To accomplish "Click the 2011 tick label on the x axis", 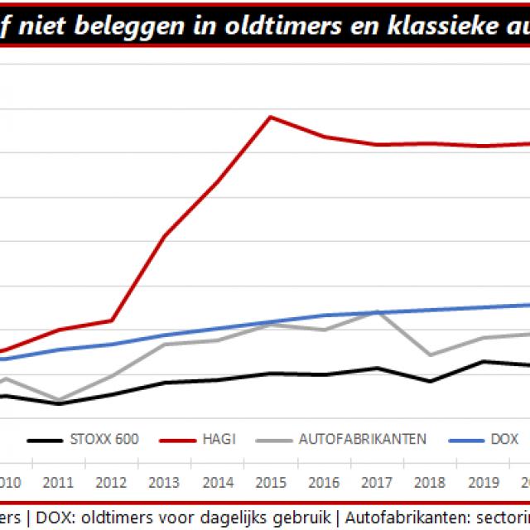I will coord(57,483).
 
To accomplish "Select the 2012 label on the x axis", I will coord(110,483).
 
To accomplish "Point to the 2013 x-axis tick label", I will coord(164,483).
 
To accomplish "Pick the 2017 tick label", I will coord(377,483).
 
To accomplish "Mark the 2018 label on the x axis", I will coord(430,483).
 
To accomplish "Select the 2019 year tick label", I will coord(483,483).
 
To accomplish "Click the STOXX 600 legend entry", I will coord(105,439).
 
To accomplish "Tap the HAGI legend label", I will coord(218,439).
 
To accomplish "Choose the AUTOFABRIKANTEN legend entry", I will coord(362,439).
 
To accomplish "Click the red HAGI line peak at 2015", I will coord(270,117).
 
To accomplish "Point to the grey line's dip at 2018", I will coord(430,354).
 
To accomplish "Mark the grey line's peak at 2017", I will coord(377,312).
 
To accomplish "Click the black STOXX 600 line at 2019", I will coord(484,361).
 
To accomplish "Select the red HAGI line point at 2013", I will coord(164,237).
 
